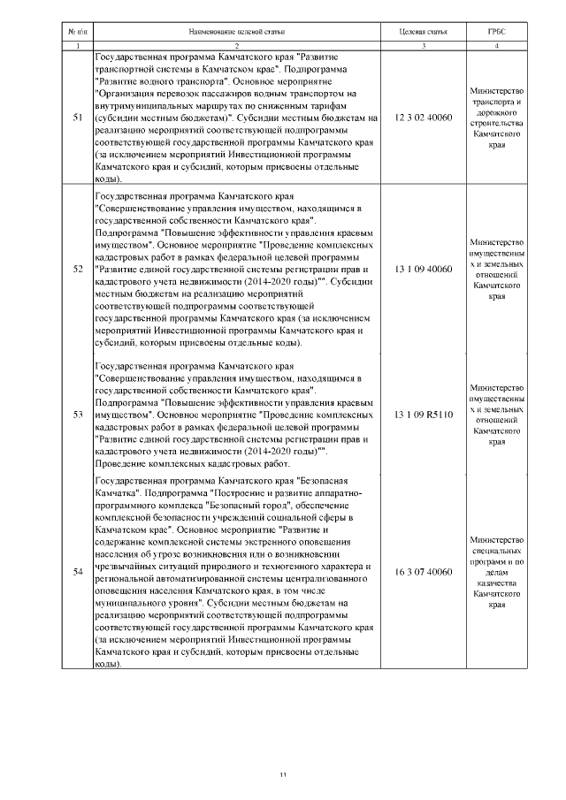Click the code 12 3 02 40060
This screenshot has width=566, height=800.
(x=423, y=117)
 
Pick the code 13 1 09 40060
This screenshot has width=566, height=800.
(x=423, y=269)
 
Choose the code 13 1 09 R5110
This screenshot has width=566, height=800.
(x=423, y=414)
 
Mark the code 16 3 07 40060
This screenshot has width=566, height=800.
(x=423, y=572)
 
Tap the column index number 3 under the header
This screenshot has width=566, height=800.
(x=423, y=45)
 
